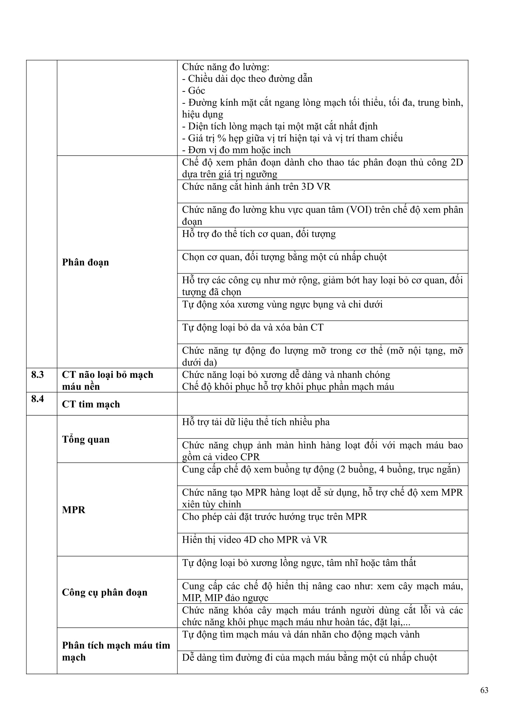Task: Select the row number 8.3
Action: [37, 375]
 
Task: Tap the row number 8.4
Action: [37, 399]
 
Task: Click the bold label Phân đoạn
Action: [85, 262]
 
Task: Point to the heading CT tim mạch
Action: [91, 404]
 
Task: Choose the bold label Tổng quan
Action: [86, 439]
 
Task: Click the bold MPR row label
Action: [74, 510]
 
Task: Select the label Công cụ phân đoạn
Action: [105, 592]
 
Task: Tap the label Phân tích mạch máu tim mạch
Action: [116, 651]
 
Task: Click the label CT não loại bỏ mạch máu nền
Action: [107, 381]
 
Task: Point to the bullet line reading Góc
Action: [194, 91]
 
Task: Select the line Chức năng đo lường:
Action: [225, 67]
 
